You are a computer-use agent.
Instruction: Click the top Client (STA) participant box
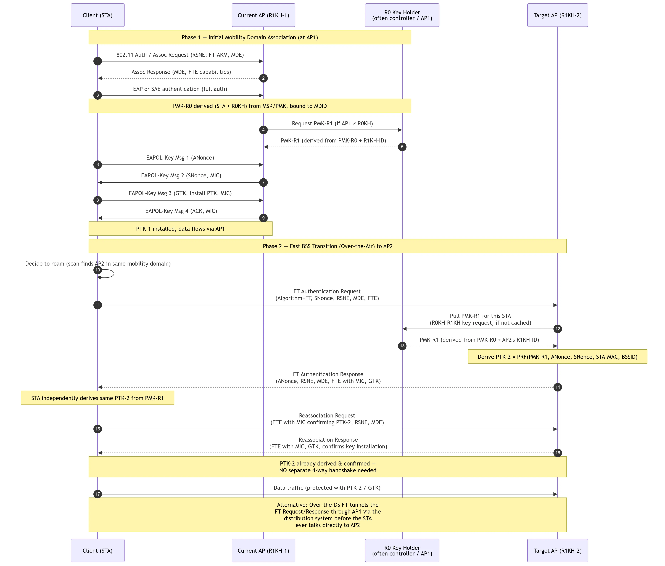[x=97, y=15]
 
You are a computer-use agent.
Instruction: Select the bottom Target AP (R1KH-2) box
[x=558, y=551]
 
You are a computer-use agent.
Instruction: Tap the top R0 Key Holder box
[x=402, y=15]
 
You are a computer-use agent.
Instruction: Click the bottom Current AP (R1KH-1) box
[x=263, y=551]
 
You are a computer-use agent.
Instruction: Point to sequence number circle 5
[x=402, y=147]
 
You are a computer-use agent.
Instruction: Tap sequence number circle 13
[x=402, y=346]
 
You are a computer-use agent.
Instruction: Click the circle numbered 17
[x=97, y=494]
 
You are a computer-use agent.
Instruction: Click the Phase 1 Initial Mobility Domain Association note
[x=250, y=37]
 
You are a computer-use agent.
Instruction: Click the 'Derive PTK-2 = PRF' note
[x=558, y=356]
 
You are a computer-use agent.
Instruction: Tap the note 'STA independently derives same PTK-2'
[x=97, y=398]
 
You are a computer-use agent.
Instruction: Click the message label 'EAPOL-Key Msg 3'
[x=180, y=193]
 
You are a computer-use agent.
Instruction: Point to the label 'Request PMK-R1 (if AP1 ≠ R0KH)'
[x=332, y=123]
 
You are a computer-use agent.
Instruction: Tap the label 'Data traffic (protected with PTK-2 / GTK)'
[x=327, y=488]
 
